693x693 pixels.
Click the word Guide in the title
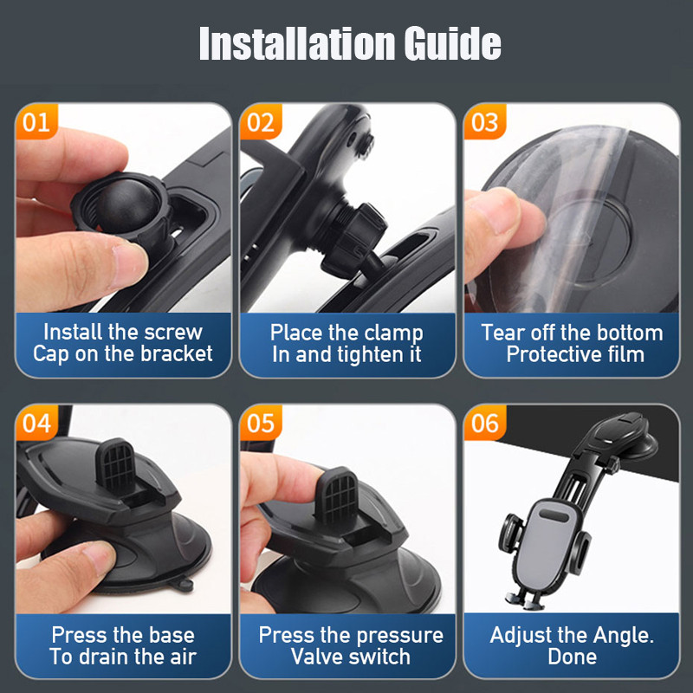(x=452, y=42)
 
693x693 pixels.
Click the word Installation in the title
(x=297, y=42)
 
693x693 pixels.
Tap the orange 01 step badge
(x=36, y=121)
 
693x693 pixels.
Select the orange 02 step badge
(x=261, y=121)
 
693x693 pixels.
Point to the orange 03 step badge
(x=485, y=121)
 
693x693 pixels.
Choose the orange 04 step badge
(x=36, y=423)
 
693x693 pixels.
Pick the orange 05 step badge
(x=261, y=423)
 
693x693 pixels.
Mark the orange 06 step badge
(x=485, y=423)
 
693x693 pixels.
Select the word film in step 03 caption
(x=625, y=354)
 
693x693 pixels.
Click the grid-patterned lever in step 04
(x=116, y=465)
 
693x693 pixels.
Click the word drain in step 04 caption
(x=109, y=657)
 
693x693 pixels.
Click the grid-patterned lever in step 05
(x=336, y=495)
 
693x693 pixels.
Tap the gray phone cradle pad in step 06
(x=547, y=545)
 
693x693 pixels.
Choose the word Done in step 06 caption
(x=573, y=657)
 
